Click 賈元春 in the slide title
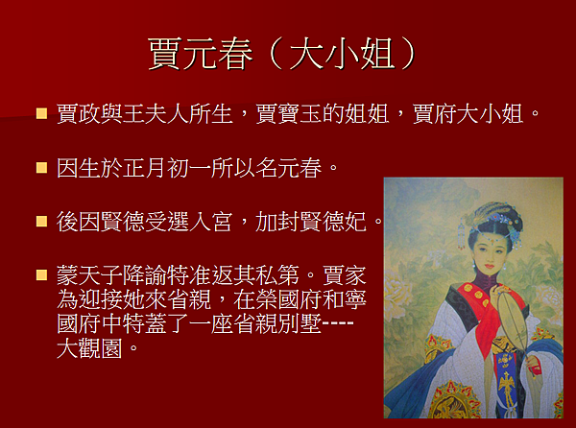[201, 54]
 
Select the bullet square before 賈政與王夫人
[42, 113]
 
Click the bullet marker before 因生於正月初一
[42, 168]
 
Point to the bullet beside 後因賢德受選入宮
[42, 222]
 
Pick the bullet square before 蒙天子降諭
[42, 274]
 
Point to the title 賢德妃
[333, 222]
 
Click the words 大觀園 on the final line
[89, 348]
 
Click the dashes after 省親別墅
[338, 323]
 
